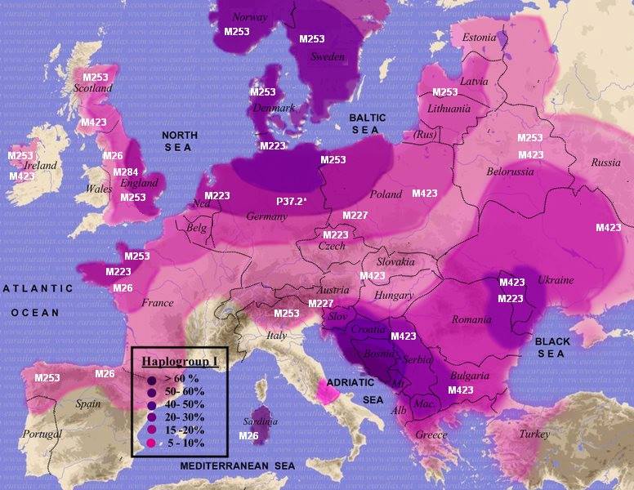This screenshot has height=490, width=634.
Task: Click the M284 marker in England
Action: click(x=126, y=172)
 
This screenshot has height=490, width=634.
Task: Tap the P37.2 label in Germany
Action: click(x=293, y=201)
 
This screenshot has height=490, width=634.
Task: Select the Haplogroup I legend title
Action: click(x=180, y=363)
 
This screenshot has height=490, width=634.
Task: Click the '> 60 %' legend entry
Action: click(x=181, y=380)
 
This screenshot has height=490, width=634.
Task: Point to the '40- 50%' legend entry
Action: click(x=184, y=405)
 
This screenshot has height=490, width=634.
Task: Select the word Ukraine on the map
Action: click(x=556, y=280)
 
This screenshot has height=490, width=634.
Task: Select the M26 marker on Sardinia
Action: click(x=249, y=437)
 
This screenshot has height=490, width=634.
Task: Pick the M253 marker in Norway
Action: click(x=237, y=30)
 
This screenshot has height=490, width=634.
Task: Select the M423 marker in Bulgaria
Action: click(x=460, y=390)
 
